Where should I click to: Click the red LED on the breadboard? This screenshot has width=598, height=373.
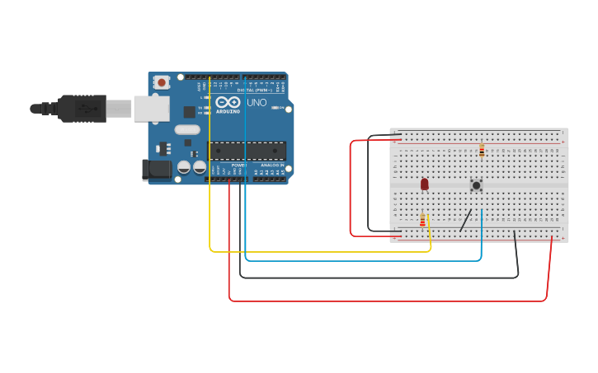tap(425, 184)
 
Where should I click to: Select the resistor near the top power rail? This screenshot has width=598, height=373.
tap(482, 150)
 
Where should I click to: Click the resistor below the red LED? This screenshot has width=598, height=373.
tap(423, 221)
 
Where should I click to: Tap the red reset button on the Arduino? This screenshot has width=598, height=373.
tap(162, 82)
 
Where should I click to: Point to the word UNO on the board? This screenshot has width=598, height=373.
tap(257, 103)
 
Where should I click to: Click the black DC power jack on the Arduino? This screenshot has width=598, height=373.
tap(157, 170)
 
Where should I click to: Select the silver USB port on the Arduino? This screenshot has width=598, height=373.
tap(152, 108)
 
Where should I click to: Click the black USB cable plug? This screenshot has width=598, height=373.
tap(82, 108)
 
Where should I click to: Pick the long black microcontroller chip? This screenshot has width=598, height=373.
tap(247, 151)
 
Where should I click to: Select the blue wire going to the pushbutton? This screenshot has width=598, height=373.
tap(363, 261)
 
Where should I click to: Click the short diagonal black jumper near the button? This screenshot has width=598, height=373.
tap(466, 220)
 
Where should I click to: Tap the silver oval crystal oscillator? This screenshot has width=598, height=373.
tap(187, 129)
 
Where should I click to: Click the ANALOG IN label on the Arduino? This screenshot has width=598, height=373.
tap(272, 166)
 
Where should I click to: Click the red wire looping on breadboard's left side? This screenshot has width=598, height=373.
tap(351, 189)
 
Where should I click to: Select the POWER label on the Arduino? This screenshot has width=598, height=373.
tap(238, 166)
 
